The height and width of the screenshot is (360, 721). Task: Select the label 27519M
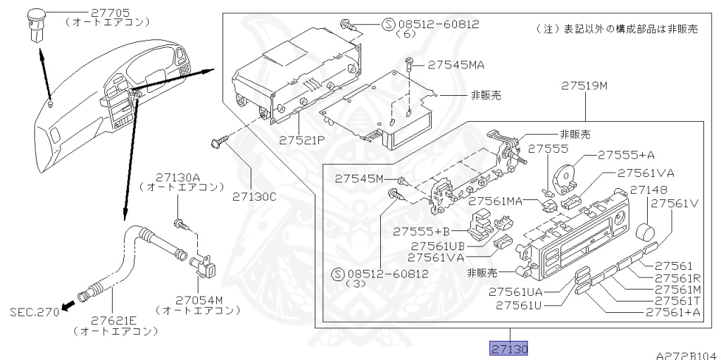click(x=584, y=87)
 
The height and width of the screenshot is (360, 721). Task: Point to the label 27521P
click(x=301, y=140)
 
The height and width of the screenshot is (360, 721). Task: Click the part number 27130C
click(x=254, y=197)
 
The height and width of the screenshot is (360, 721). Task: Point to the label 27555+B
click(x=421, y=231)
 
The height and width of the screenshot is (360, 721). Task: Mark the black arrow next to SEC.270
click(x=68, y=305)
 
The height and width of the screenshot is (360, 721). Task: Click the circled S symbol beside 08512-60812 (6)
click(x=389, y=24)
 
